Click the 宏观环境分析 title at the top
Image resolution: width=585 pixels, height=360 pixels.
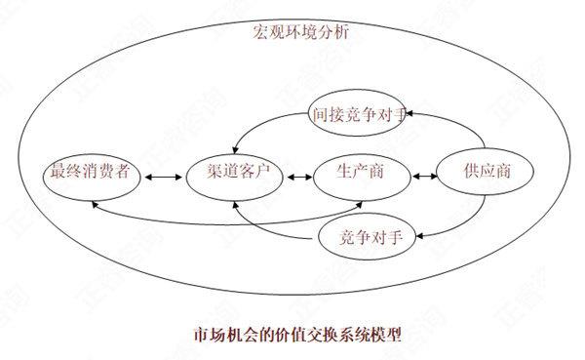coord(300,31)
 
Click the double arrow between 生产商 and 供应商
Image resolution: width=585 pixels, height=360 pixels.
coord(423,177)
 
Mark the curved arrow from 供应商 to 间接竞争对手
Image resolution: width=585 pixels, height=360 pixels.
coord(453,124)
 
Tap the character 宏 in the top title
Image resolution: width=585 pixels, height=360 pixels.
coord(257,31)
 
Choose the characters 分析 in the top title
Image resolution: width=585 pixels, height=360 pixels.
coord(334,31)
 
